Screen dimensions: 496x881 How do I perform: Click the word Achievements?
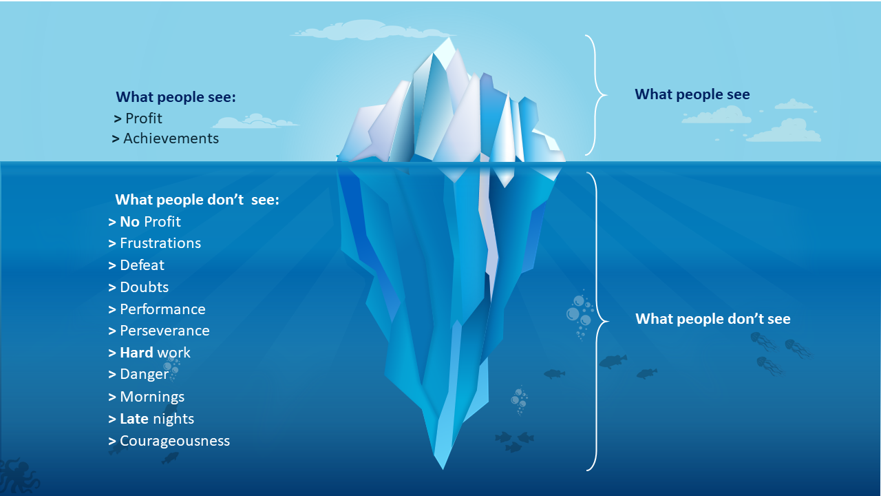tap(171, 138)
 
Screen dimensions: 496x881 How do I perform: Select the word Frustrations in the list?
tap(160, 243)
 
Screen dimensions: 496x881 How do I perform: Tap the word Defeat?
tap(142, 265)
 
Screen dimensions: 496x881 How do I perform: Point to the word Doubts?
tap(144, 287)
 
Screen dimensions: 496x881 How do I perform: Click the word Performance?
tap(162, 309)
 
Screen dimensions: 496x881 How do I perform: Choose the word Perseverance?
tap(164, 331)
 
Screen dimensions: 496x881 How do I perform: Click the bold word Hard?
tap(136, 353)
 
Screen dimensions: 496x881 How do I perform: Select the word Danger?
tap(144, 374)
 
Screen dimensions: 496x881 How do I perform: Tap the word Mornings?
tap(152, 397)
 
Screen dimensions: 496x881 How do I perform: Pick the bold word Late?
tap(134, 419)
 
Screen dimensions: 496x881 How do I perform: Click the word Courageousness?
tap(175, 441)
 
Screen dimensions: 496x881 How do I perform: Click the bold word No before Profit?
tap(129, 222)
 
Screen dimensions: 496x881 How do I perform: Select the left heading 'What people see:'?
tap(176, 97)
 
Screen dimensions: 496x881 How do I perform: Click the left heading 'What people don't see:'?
tap(197, 200)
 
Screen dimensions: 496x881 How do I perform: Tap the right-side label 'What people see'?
tap(692, 94)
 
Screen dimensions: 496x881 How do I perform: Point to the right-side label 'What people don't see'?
tap(712, 319)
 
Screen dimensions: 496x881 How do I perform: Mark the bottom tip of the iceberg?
tap(443, 467)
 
